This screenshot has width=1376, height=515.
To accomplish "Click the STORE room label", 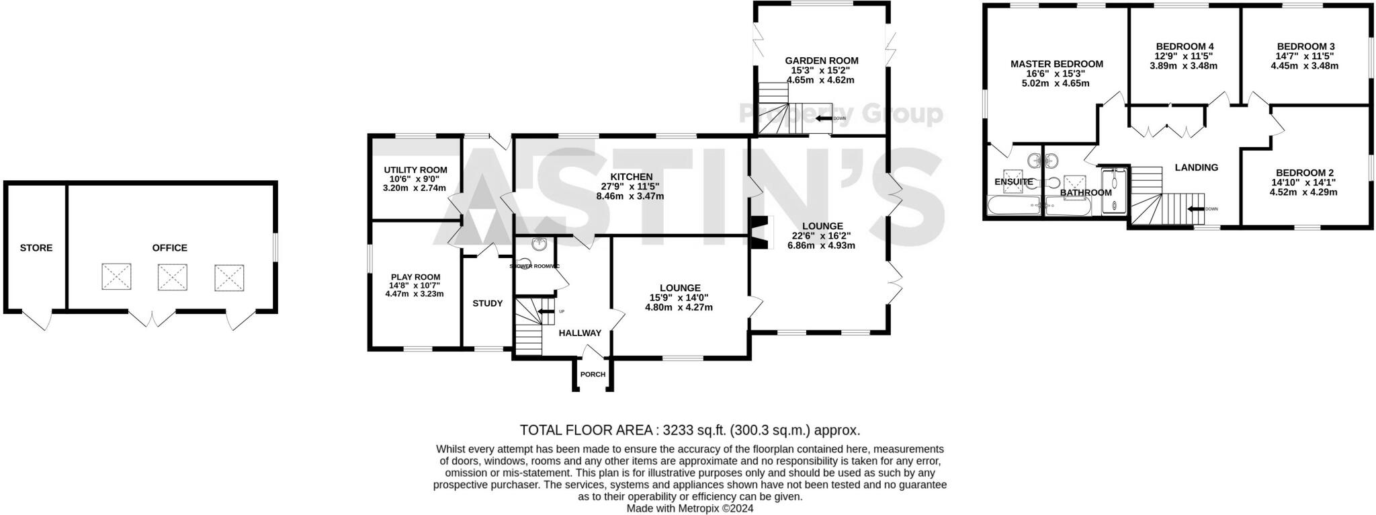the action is [x=36, y=248].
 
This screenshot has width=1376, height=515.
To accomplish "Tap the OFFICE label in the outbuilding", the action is [x=170, y=248].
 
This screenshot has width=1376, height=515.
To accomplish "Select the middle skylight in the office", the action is [x=173, y=277].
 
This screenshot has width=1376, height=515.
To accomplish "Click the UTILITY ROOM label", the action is [x=415, y=170].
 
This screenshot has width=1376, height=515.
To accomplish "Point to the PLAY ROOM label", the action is [x=416, y=277].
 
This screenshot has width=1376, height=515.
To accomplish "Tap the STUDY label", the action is [x=488, y=303].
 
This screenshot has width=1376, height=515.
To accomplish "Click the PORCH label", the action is [x=593, y=374].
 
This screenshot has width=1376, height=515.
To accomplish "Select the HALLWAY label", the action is [x=580, y=333].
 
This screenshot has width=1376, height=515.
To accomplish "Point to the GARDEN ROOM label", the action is [x=822, y=61].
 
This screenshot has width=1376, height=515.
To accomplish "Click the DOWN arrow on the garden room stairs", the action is [x=824, y=118].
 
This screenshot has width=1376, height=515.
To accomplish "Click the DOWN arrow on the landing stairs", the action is [x=1195, y=209].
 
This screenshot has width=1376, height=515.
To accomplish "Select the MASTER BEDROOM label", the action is [x=1057, y=64].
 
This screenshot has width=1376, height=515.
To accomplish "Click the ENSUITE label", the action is [x=1014, y=182].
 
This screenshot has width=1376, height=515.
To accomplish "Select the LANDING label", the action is [x=1197, y=167].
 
